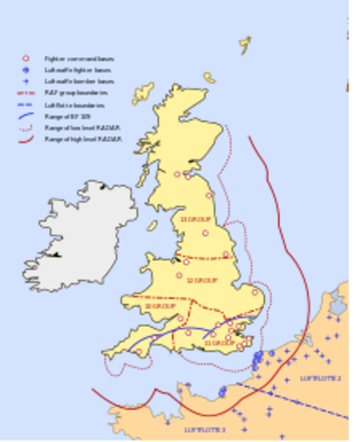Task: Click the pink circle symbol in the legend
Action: click(26, 58)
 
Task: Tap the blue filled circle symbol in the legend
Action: click(26, 70)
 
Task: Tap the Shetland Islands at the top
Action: click(245, 44)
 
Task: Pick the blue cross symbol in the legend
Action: click(26, 81)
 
